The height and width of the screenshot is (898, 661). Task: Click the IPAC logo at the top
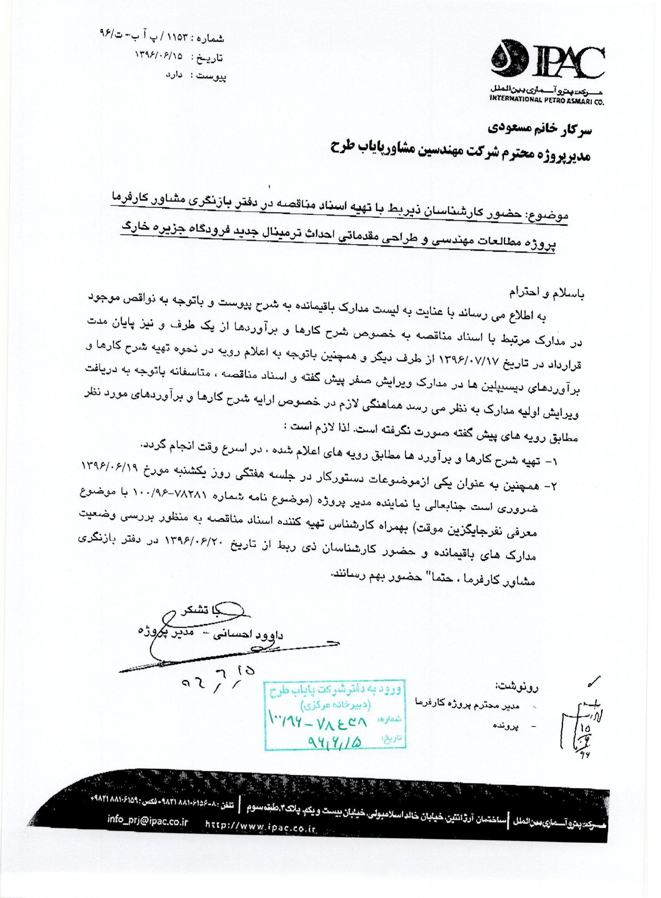[x=548, y=65]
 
